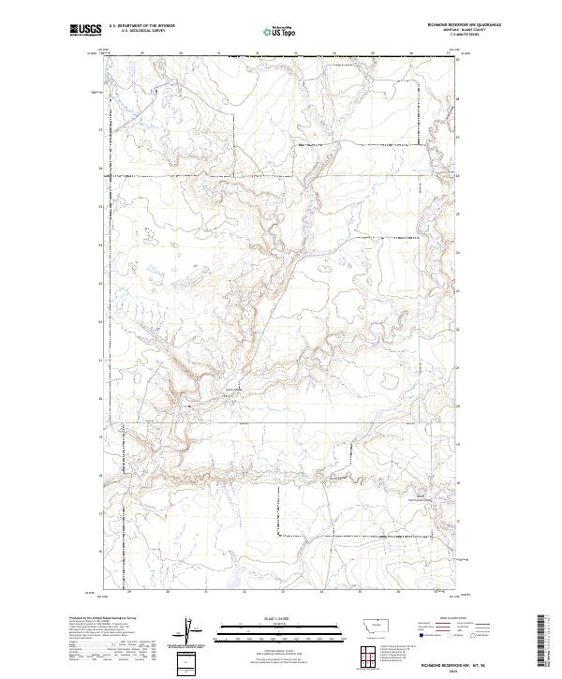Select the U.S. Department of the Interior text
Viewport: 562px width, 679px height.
tap(141, 25)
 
